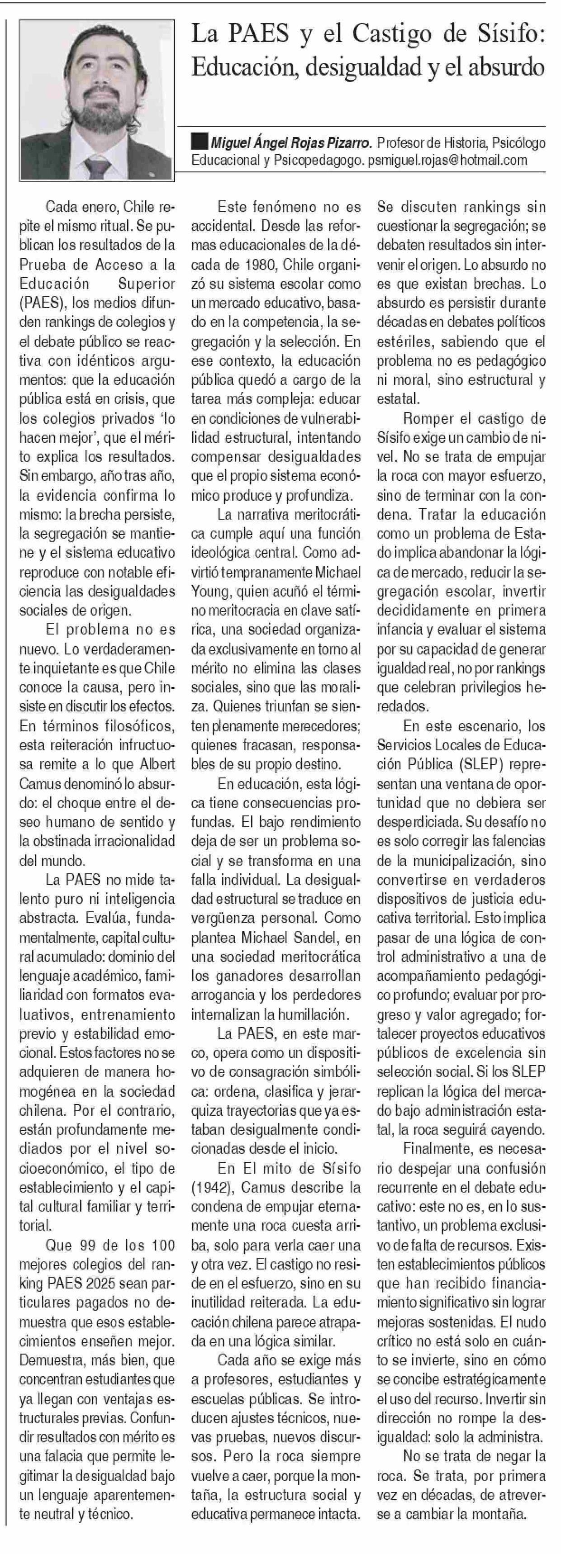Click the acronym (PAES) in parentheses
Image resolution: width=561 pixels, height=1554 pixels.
(x=40, y=303)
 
